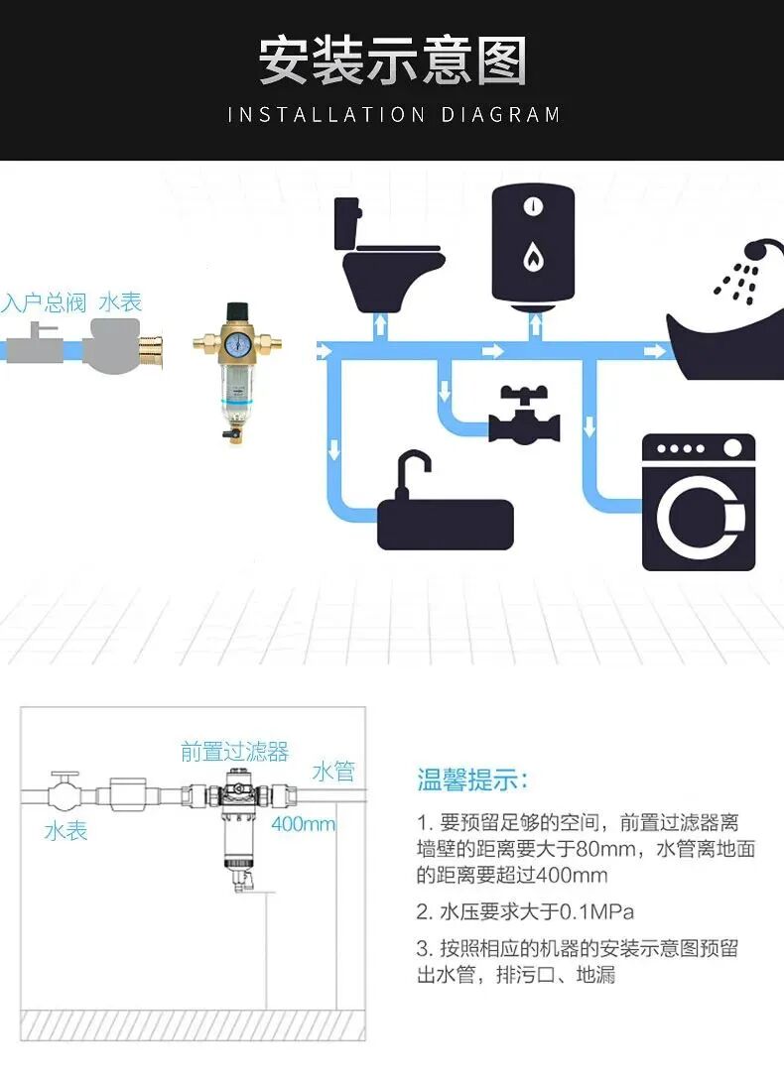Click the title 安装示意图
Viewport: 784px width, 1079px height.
pos(393,61)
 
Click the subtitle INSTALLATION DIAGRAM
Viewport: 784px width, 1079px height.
pos(393,115)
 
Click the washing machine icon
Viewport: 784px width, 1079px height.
pos(699,503)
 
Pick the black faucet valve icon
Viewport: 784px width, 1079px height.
pos(524,415)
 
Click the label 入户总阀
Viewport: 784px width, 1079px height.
pos(44,302)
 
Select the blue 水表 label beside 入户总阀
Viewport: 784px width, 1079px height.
pos(120,302)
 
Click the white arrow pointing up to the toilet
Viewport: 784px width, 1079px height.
pos(380,324)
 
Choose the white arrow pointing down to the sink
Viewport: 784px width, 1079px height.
pos(334,448)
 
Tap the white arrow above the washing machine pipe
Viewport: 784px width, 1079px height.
pos(589,427)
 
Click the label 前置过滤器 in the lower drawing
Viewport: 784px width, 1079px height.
pos(234,752)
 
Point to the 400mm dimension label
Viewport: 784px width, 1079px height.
pos(303,824)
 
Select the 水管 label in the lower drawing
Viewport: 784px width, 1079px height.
pos(333,772)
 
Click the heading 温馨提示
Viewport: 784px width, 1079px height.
pos(472,780)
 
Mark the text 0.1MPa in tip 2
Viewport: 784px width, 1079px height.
pos(597,911)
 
